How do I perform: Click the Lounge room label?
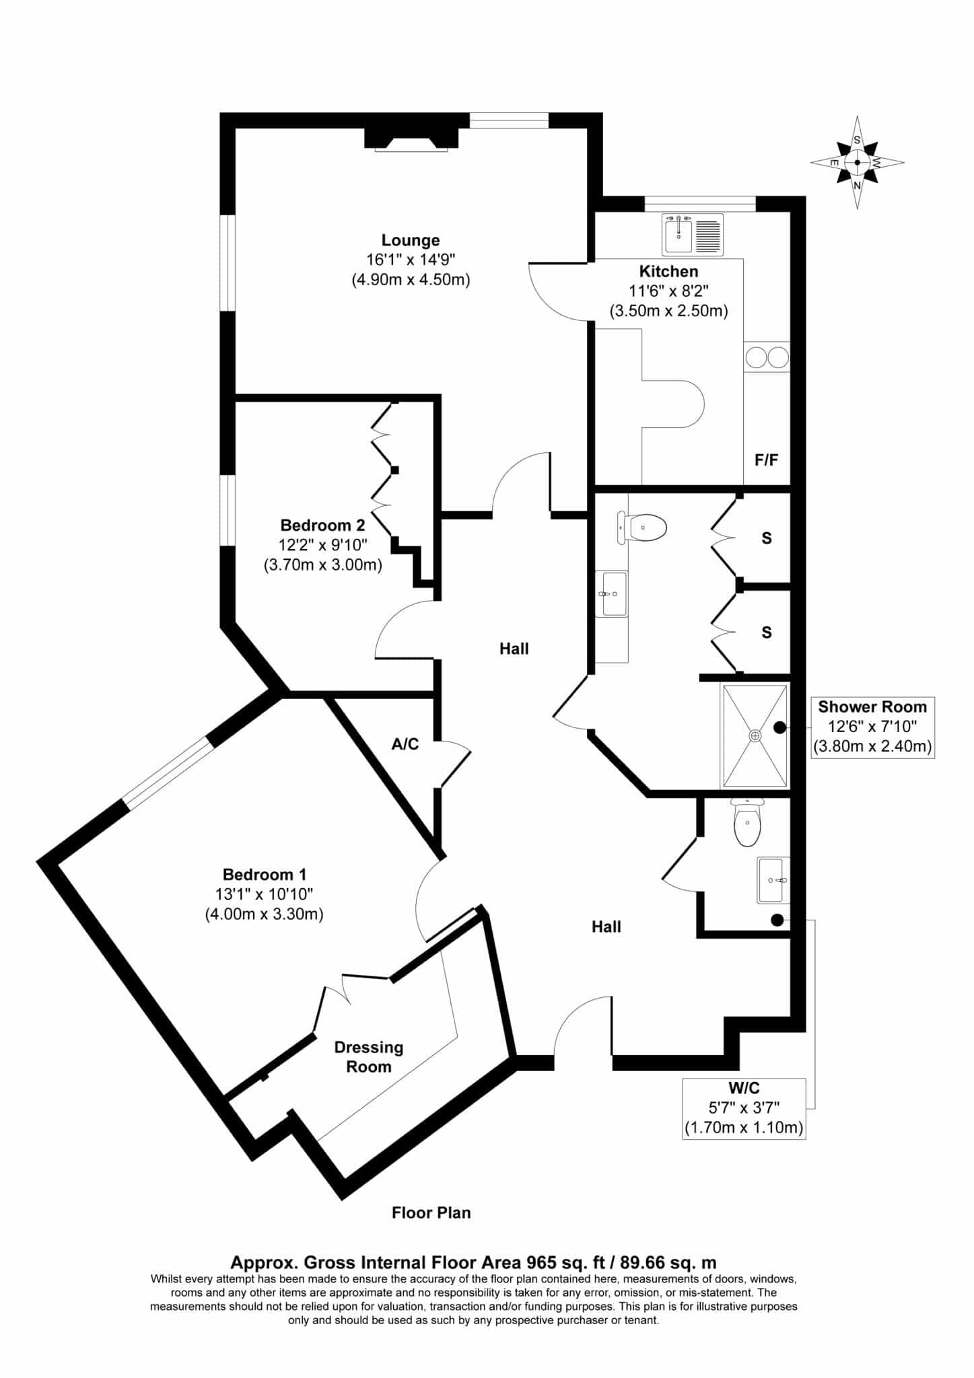pyautogui.click(x=411, y=240)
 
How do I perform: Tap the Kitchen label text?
pyautogui.click(x=668, y=271)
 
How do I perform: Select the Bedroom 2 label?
pyautogui.click(x=322, y=525)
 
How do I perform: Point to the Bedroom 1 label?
pyautogui.click(x=265, y=875)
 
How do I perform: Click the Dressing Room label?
pyautogui.click(x=369, y=1056)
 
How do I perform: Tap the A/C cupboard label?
pyautogui.click(x=405, y=744)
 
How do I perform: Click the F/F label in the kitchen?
pyautogui.click(x=766, y=460)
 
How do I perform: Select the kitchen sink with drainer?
pyautogui.click(x=693, y=234)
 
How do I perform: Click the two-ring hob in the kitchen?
pyautogui.click(x=767, y=357)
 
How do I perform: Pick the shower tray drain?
pyautogui.click(x=755, y=735)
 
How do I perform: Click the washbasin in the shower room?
pyautogui.click(x=613, y=593)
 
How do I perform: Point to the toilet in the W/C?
pyautogui.click(x=746, y=822)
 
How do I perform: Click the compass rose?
pyautogui.click(x=857, y=162)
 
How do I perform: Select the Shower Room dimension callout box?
pyautogui.click(x=872, y=727)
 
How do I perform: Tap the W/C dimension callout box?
pyautogui.click(x=744, y=1108)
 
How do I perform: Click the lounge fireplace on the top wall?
pyautogui.click(x=411, y=138)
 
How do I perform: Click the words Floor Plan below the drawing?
pyautogui.click(x=431, y=1212)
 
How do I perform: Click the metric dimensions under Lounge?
pyautogui.click(x=411, y=279)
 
